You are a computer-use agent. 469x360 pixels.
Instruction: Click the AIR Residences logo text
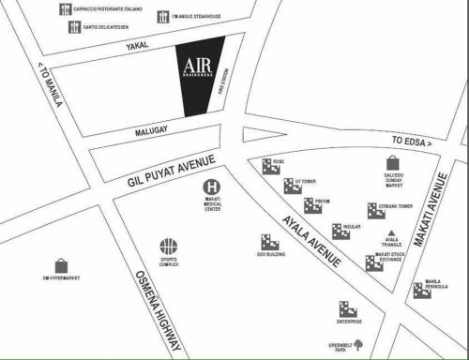click(198, 67)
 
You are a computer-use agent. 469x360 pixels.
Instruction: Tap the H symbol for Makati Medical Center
click(212, 187)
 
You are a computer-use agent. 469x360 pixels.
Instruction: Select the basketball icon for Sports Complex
click(168, 247)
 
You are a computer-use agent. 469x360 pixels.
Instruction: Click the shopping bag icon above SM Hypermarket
click(61, 265)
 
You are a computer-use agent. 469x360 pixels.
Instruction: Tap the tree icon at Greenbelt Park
click(356, 343)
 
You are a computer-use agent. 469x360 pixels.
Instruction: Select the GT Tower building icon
click(291, 186)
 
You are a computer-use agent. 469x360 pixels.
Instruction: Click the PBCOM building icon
click(312, 206)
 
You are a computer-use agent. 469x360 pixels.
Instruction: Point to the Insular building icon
click(340, 231)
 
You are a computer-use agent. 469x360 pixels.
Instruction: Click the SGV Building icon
click(269, 243)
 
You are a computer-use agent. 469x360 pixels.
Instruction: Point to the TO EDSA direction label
click(411, 142)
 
